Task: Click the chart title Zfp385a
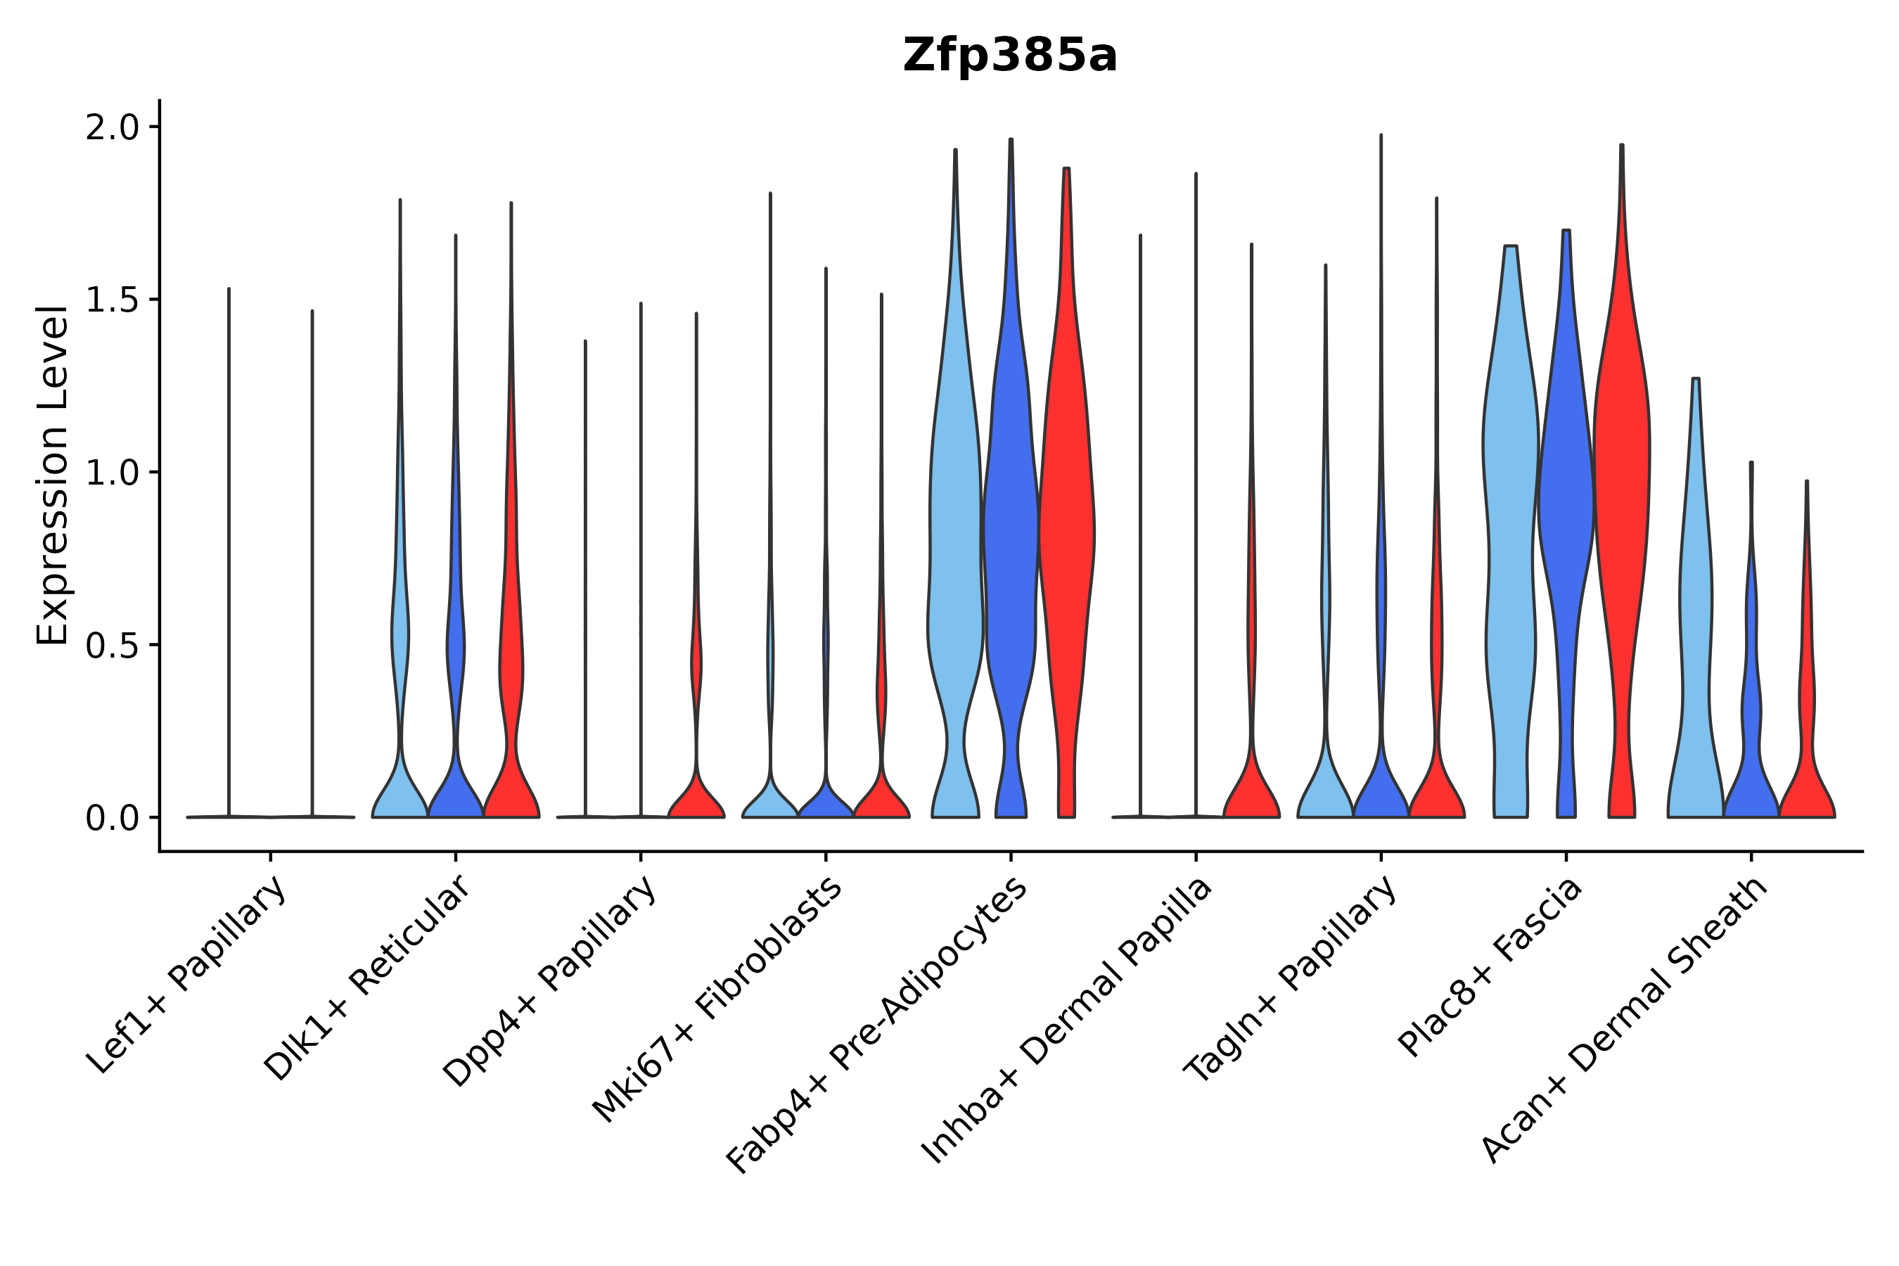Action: (1009, 56)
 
